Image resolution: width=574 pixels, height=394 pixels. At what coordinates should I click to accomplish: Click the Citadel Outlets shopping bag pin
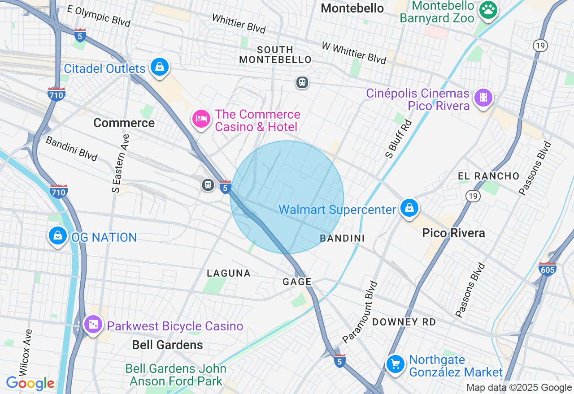pos(159,67)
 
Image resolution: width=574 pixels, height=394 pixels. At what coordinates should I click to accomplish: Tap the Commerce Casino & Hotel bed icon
pos(201,119)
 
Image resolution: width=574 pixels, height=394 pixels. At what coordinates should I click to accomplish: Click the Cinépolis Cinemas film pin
pos(483,97)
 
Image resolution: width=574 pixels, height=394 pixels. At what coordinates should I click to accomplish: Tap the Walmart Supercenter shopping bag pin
pos(409,208)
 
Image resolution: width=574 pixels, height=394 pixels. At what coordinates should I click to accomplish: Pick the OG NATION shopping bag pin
pos(58,236)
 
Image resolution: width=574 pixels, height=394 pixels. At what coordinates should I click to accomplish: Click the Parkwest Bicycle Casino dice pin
pos(93,324)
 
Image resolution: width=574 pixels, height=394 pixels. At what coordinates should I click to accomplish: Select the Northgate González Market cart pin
pos(396,364)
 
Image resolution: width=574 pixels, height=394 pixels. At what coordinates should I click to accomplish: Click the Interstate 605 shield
pos(548,269)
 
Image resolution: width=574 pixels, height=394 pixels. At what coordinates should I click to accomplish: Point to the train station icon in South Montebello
pos(302,82)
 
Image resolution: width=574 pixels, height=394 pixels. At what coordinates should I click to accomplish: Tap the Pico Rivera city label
pos(453,233)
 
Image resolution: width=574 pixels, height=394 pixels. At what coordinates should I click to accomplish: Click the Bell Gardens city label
pos(167,345)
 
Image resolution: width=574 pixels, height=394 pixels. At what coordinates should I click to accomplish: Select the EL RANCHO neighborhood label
pos(488,176)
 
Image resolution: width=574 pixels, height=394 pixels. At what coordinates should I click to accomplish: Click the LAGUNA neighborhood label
pos(228,273)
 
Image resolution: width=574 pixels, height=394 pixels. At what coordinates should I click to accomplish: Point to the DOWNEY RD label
pos(404,322)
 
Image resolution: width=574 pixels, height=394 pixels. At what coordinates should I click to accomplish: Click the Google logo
pos(30,383)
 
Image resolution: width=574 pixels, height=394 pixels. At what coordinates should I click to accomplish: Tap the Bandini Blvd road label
pos(72,148)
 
